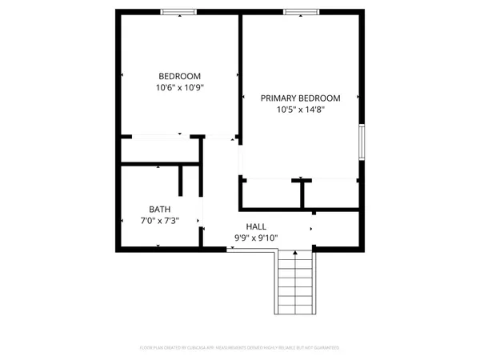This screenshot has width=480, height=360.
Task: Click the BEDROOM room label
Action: (178, 76)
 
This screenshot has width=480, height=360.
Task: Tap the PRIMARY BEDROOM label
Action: (300, 98)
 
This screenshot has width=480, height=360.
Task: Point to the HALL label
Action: (256, 226)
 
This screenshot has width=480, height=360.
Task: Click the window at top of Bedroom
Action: (178, 11)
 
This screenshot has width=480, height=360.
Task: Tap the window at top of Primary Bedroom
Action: (300, 11)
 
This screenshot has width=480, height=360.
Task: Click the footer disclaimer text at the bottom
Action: (240, 348)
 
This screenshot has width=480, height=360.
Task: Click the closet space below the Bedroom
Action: (160, 150)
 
